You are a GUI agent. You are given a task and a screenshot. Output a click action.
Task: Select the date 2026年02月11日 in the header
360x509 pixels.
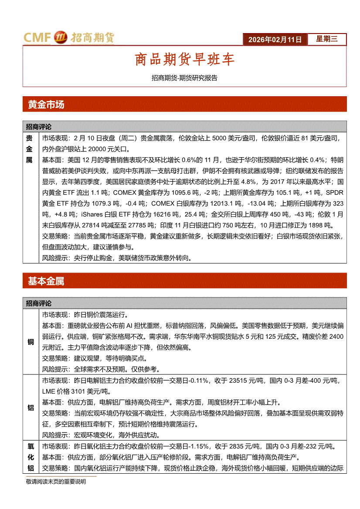click(275, 40)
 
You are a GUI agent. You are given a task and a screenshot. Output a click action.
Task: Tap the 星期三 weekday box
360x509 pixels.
click(326, 39)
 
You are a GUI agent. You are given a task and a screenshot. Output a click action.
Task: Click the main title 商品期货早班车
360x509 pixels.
click(184, 59)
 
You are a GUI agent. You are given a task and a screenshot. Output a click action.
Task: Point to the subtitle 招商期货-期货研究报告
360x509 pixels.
click(184, 78)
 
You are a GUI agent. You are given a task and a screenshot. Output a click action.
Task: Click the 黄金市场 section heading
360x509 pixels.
click(46, 104)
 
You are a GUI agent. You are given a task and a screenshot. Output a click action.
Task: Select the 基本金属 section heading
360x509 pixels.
click(46, 281)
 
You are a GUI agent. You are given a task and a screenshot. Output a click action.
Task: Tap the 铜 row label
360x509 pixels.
click(31, 342)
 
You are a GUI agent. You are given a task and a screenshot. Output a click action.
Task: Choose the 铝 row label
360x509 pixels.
click(31, 408)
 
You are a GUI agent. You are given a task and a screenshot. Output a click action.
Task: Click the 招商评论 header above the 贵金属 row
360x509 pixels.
click(39, 127)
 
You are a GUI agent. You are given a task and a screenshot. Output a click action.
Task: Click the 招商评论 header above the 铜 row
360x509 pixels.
click(39, 303)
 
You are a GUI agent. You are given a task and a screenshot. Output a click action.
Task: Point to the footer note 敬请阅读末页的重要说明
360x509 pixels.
click(56, 482)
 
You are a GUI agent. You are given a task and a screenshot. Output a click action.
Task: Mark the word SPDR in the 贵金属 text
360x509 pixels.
click(335, 192)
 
